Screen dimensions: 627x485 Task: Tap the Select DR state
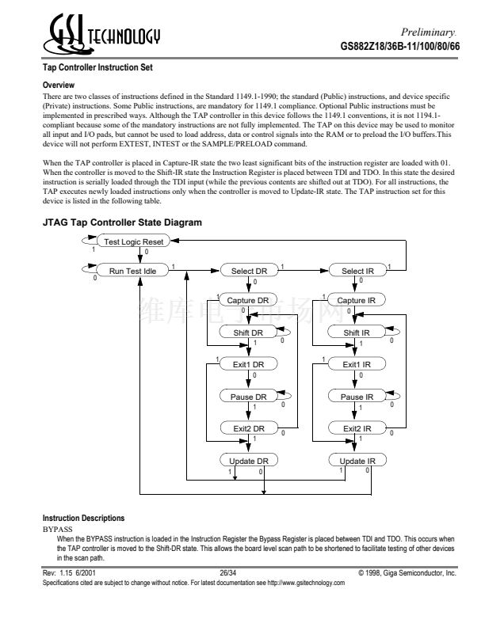(x=249, y=271)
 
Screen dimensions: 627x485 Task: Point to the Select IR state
(x=357, y=271)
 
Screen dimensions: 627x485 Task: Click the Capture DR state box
(x=249, y=301)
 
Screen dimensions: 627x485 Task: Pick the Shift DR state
(x=249, y=332)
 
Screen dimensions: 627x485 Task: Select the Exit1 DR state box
(x=249, y=364)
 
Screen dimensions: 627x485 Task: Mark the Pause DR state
(x=249, y=397)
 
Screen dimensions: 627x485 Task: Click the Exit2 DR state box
(x=249, y=428)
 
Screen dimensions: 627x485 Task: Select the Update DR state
(x=249, y=461)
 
